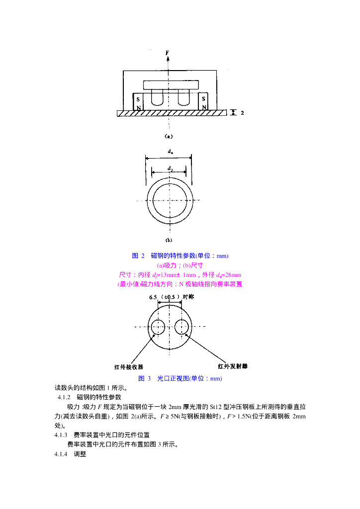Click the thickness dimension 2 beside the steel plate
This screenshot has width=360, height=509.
[242, 113]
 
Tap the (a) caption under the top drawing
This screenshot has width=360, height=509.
[169, 136]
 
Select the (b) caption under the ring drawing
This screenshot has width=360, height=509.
[169, 240]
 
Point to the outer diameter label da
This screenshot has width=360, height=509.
[170, 151]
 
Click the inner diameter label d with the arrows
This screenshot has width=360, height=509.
[170, 169]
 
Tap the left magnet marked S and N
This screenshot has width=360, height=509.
[138, 103]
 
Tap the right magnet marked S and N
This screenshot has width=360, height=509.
[203, 103]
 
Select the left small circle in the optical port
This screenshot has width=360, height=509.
[158, 327]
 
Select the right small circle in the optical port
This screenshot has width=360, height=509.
[181, 327]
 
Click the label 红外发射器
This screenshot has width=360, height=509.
[233, 366]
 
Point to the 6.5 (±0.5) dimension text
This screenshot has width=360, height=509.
[165, 297]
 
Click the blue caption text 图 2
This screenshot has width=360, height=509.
[138, 256]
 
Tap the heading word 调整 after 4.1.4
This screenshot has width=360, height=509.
[80, 454]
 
